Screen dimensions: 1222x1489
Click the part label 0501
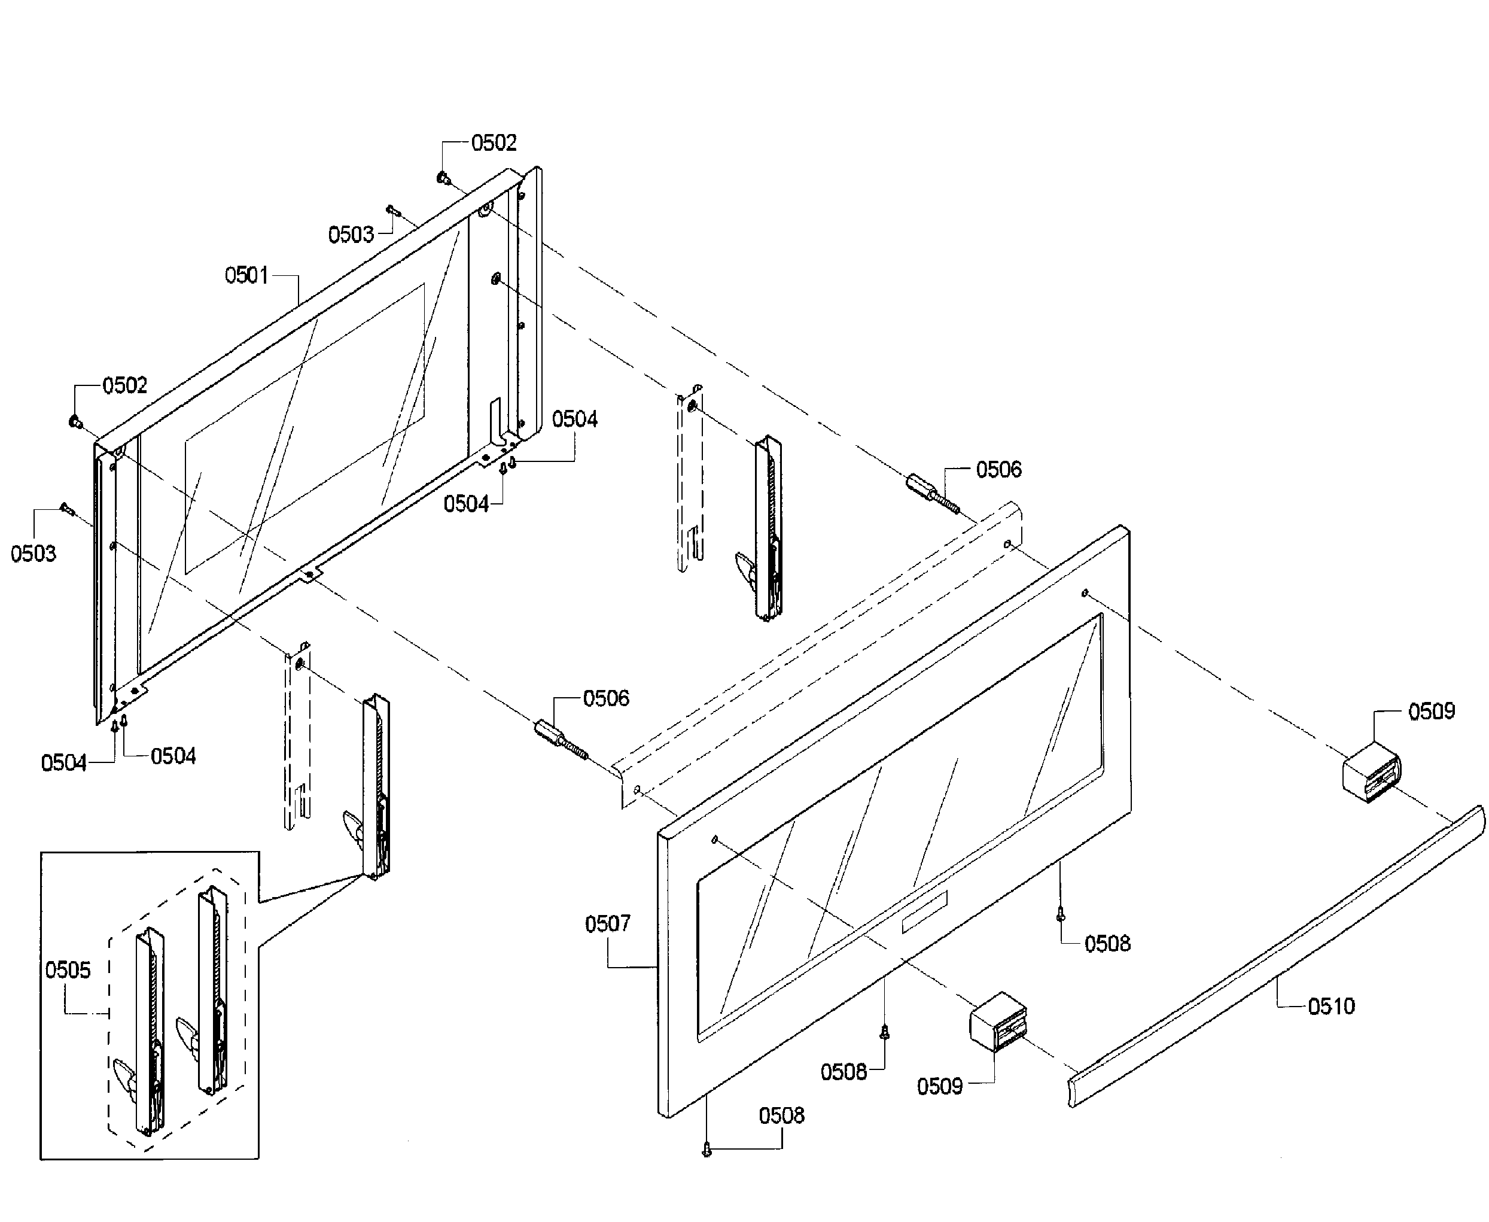246,275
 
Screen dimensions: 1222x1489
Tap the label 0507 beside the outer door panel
607,923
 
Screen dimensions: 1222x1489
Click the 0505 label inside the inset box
68,970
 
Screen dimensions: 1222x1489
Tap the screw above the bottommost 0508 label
707,1150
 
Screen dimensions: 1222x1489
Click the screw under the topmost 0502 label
443,177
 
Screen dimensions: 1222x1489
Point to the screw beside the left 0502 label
75,422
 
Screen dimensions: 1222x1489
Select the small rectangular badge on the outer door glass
924,912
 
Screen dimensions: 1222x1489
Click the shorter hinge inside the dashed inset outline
150,1032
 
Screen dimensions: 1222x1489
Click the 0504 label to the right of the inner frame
574,420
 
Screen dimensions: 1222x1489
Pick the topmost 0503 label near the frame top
351,235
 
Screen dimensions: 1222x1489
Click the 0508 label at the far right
1107,944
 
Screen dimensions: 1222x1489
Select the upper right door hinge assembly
766,528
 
